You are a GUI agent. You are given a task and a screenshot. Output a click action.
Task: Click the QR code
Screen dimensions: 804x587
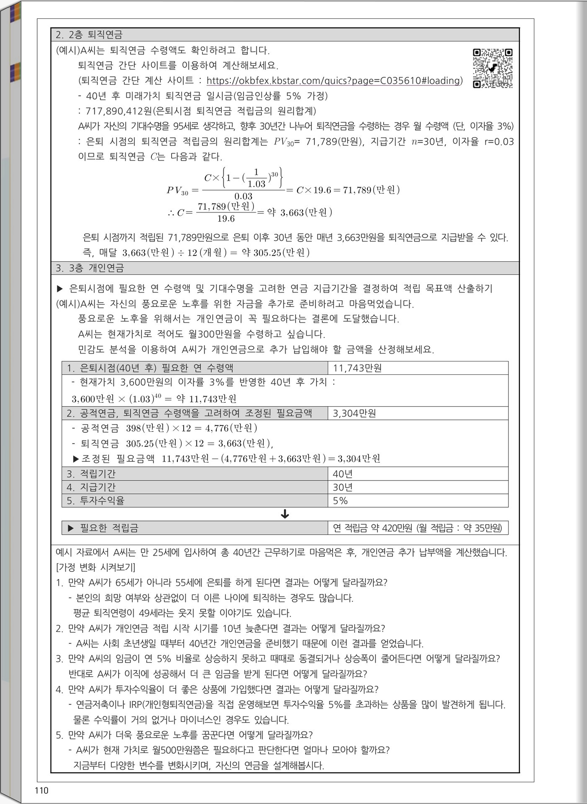492,68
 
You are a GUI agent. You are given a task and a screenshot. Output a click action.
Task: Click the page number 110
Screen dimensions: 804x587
42,790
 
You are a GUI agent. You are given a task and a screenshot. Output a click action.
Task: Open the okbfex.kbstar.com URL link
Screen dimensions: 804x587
334,81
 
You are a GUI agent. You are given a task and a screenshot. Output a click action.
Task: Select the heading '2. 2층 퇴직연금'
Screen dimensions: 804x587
89,35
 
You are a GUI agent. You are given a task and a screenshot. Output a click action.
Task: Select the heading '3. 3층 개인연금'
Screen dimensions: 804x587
90,268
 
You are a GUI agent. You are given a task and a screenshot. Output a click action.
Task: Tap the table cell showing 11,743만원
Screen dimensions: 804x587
357,368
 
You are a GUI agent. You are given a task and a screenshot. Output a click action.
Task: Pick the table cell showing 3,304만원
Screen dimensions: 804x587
354,413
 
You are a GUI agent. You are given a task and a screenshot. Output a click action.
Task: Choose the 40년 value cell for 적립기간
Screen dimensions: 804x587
343,474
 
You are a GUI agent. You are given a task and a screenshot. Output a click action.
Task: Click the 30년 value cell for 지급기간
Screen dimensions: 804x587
343,487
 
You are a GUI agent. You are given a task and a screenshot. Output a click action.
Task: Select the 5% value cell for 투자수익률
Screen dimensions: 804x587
340,501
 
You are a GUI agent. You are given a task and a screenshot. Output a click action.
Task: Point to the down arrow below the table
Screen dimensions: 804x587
285,514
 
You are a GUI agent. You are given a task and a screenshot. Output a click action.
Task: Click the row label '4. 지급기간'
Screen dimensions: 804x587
91,487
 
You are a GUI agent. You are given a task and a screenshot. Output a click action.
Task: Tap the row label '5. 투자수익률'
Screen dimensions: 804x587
96,501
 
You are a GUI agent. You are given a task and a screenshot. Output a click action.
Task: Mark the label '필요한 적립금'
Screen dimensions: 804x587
109,528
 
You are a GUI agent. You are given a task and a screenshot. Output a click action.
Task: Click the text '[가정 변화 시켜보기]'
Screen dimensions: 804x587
96,567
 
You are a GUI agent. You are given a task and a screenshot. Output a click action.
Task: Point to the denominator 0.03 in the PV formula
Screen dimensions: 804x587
243,196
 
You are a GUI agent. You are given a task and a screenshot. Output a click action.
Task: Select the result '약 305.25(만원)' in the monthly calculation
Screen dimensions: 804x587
276,253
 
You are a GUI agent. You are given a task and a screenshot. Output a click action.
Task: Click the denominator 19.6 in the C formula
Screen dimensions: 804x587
226,219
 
